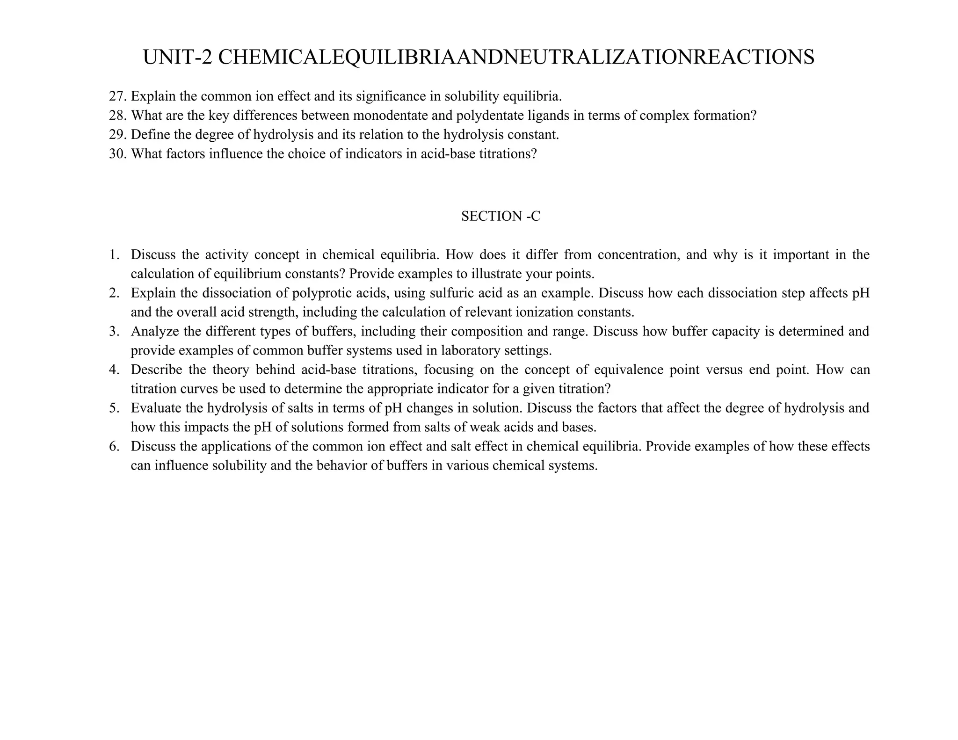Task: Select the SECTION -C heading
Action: [x=500, y=216]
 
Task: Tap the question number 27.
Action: [x=117, y=96]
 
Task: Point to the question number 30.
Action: [x=117, y=154]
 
